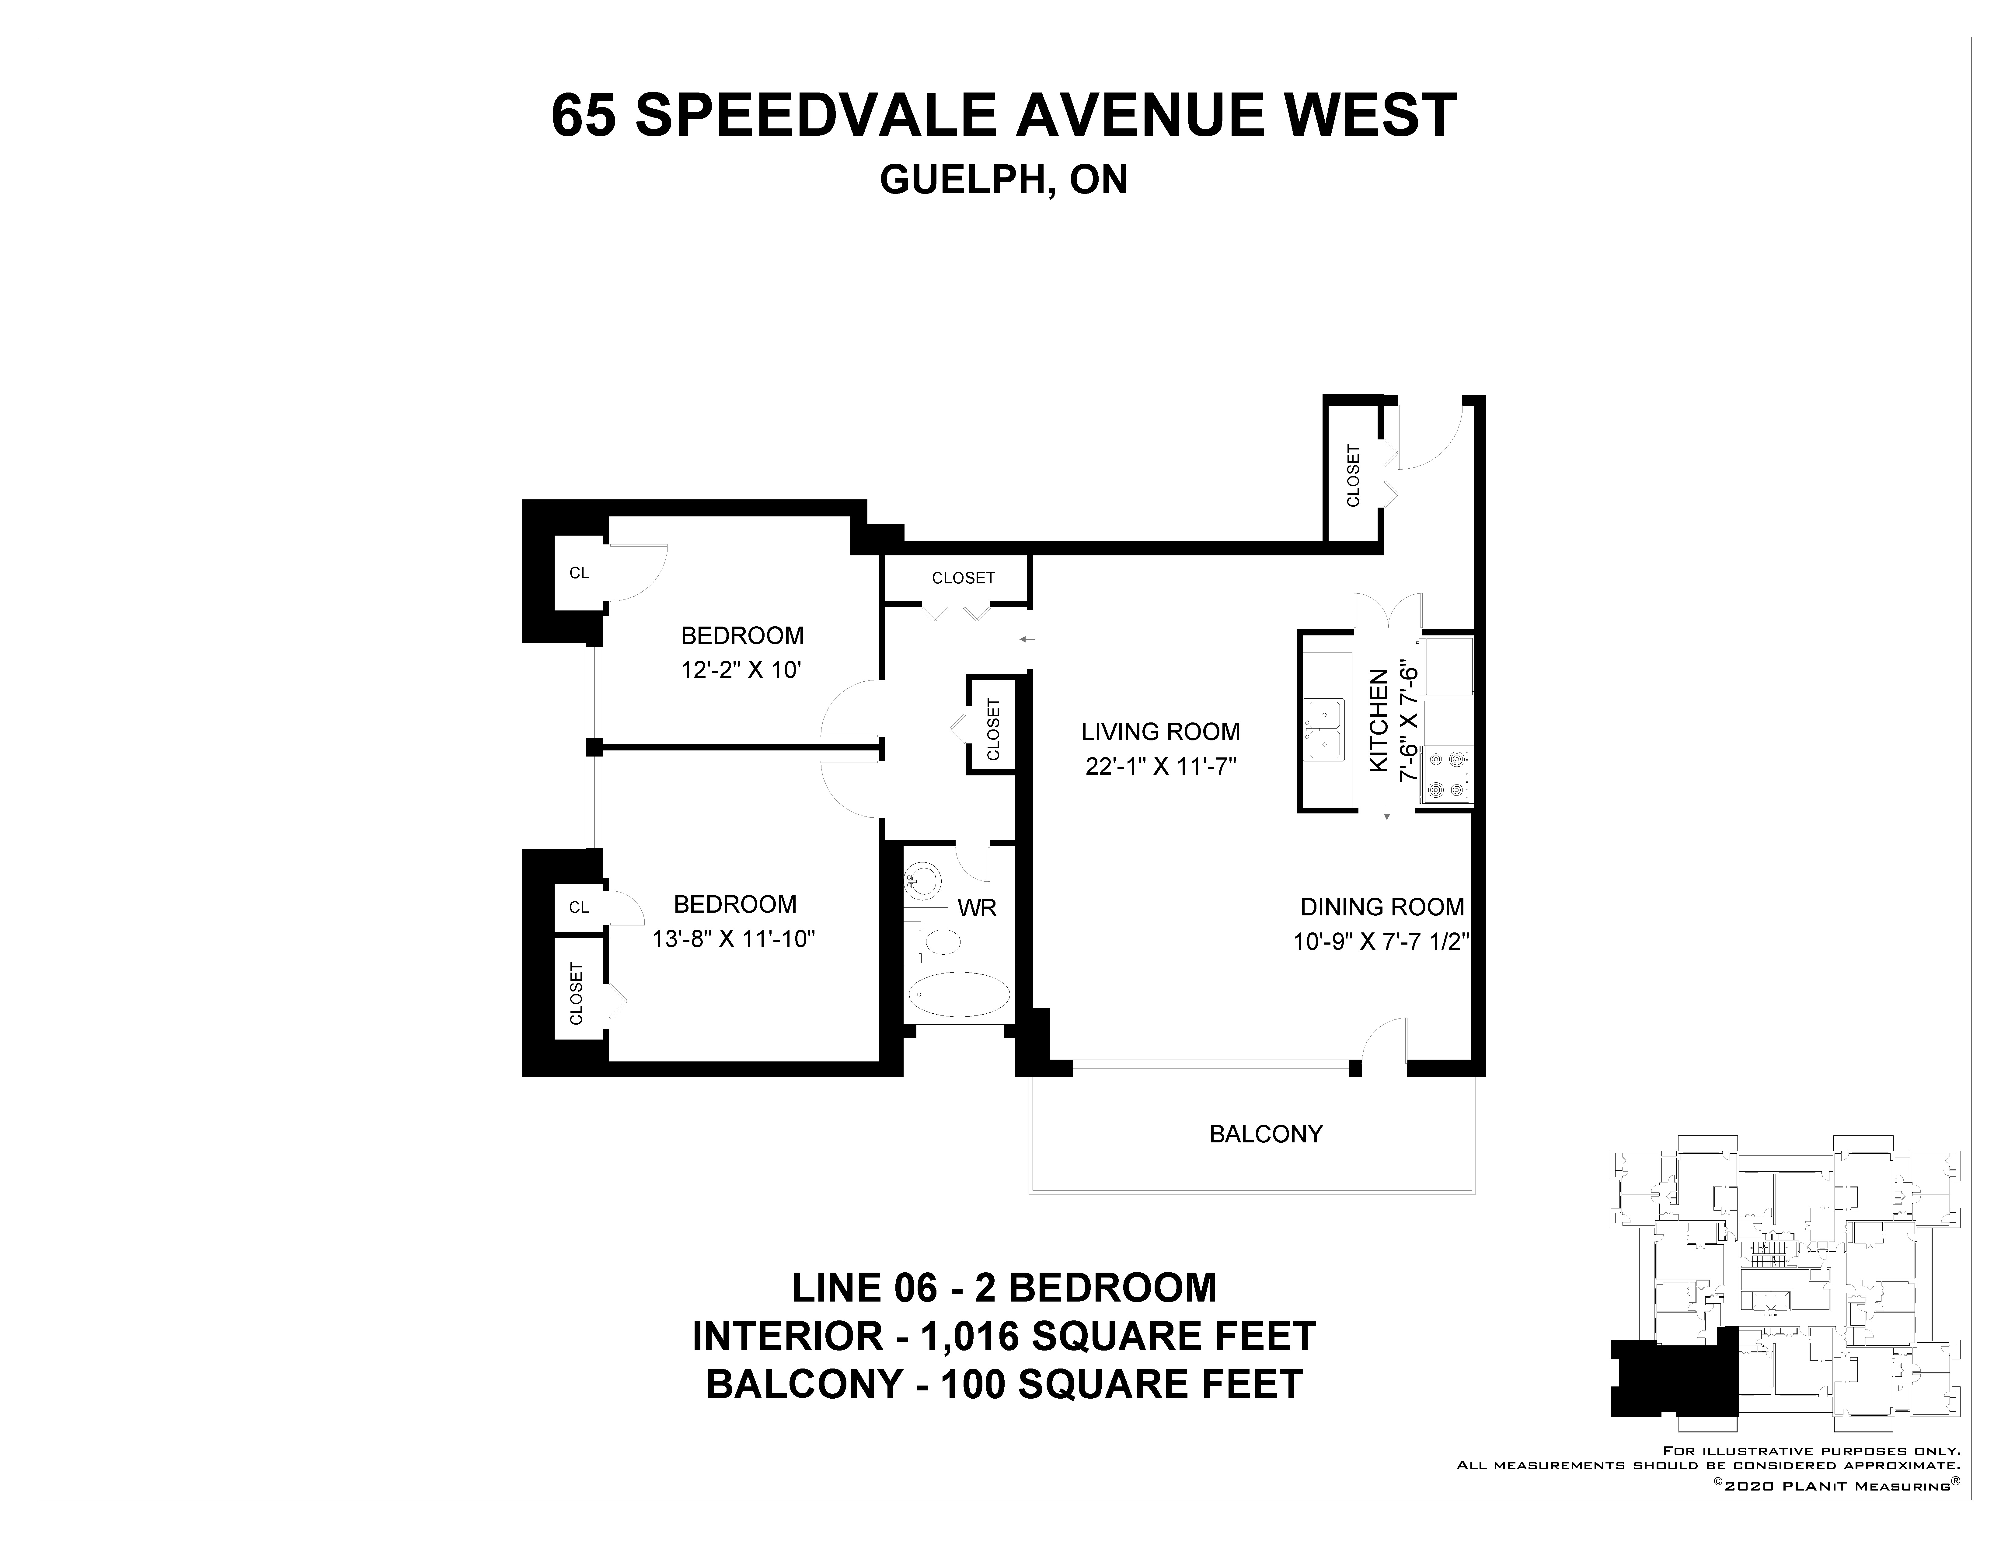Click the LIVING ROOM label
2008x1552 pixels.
coord(1160,732)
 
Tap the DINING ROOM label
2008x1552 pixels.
coord(1382,907)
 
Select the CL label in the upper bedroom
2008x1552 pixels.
coord(579,573)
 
